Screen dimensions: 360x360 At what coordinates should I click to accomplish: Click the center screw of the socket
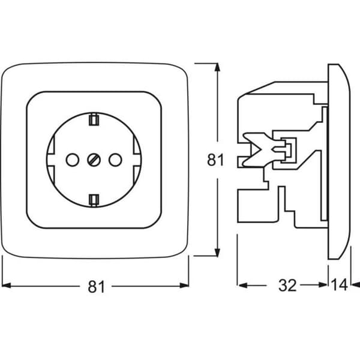(94, 160)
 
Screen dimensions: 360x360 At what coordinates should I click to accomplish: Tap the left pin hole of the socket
(73, 160)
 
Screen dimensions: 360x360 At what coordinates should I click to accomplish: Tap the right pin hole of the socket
(115, 160)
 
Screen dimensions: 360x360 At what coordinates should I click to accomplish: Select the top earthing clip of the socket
(94, 119)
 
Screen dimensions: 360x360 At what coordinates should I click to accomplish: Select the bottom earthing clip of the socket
(94, 200)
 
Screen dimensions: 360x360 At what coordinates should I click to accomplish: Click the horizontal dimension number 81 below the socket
(97, 287)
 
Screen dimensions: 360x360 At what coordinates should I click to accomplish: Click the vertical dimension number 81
(215, 160)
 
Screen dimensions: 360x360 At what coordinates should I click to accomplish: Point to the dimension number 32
(287, 286)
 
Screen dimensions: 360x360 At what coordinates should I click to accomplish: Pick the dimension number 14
(339, 285)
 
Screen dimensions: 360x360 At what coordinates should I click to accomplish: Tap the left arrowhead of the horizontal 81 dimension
(6, 286)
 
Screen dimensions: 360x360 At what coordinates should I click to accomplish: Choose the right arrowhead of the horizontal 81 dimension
(184, 286)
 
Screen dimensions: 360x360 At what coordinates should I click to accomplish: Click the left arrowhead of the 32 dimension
(243, 286)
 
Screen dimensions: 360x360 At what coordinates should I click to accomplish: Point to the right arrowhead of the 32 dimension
(323, 285)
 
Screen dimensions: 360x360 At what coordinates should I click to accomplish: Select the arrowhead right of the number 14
(356, 285)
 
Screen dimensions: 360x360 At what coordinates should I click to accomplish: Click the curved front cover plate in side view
(339, 161)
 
